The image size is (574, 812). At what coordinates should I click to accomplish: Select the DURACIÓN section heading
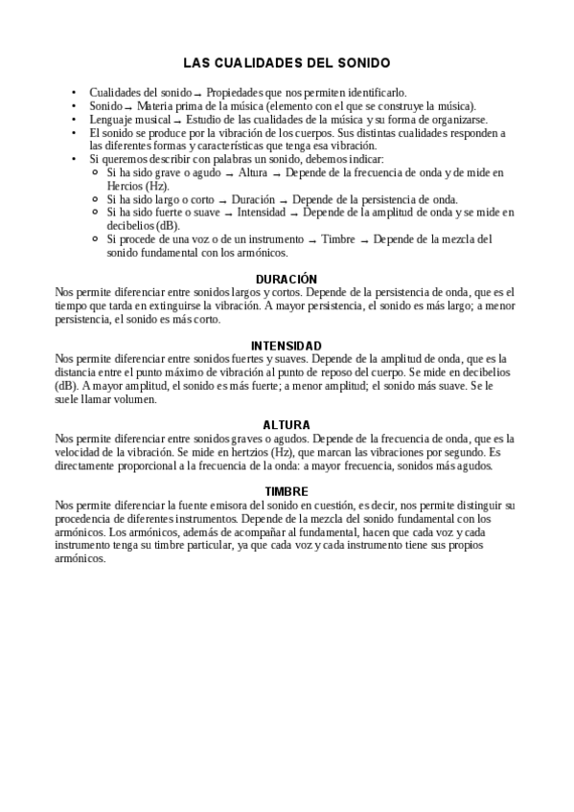click(x=286, y=278)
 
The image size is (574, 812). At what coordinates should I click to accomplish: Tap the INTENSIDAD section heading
click(x=286, y=345)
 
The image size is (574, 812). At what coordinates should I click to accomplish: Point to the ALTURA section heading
click(x=286, y=424)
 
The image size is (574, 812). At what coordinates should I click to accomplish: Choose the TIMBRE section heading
click(x=286, y=491)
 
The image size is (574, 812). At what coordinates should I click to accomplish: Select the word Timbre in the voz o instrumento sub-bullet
click(x=341, y=238)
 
